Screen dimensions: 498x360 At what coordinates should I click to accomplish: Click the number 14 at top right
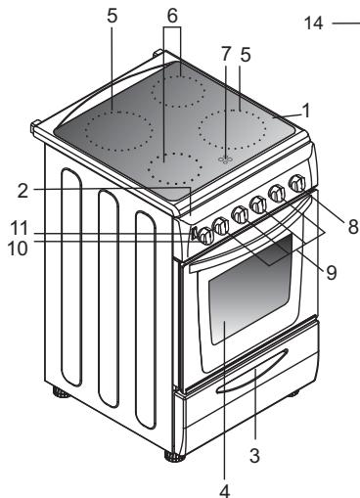[x=314, y=22]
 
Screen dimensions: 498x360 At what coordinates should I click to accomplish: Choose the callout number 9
[x=331, y=274]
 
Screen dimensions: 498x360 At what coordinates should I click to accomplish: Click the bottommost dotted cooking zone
[x=177, y=169]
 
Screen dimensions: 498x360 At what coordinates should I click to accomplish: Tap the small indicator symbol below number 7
[x=226, y=158]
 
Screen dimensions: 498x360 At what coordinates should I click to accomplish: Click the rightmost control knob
[x=296, y=182]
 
